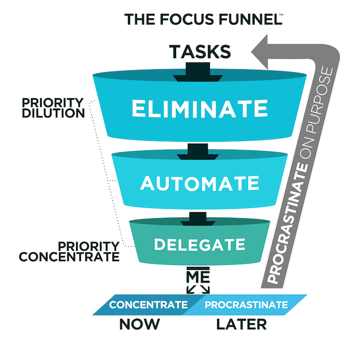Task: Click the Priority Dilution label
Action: click(53, 108)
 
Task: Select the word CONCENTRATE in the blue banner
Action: click(148, 305)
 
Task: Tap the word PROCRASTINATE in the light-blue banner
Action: click(246, 305)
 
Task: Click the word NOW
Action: click(140, 324)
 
